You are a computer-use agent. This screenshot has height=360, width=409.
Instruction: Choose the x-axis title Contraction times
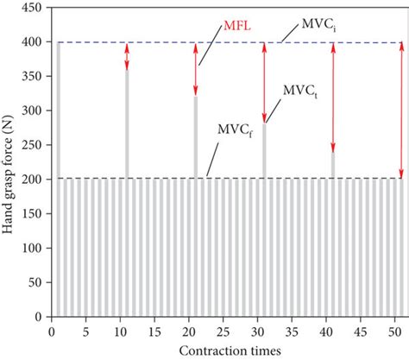(228, 351)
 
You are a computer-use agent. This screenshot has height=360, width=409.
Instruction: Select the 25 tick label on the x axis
(223, 331)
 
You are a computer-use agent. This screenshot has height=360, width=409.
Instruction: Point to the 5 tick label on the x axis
(86, 331)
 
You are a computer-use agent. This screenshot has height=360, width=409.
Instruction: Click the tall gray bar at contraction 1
(59, 173)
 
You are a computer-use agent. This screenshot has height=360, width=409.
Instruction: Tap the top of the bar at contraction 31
(264, 125)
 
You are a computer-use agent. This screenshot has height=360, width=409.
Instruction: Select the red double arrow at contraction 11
(127, 56)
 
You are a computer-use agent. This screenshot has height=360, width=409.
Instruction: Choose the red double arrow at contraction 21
(196, 69)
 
